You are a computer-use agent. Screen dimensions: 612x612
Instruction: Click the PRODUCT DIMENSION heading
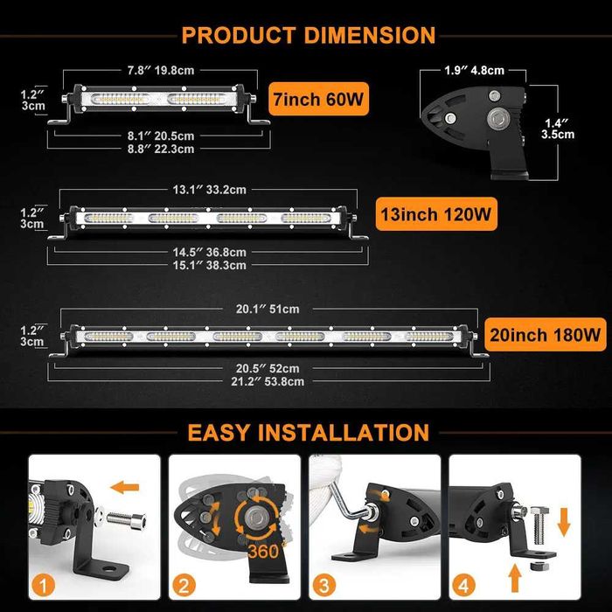307,35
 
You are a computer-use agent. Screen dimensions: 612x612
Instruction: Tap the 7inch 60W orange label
316,99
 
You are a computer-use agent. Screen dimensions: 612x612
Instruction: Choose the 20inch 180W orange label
545,333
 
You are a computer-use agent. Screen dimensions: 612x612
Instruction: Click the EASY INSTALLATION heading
307,432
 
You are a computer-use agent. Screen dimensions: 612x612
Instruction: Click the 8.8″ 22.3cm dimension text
154,150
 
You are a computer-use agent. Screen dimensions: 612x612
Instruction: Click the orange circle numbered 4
464,583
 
